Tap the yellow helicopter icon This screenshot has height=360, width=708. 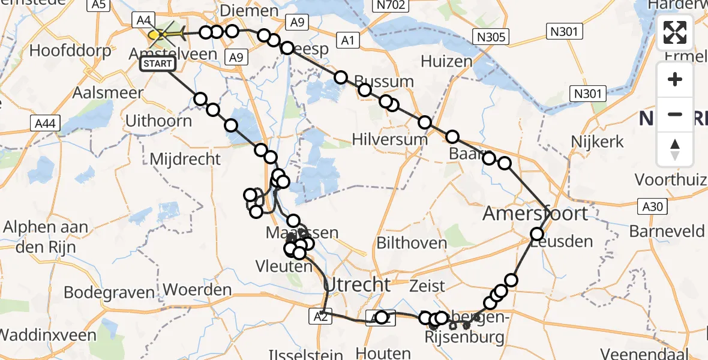[x=165, y=34]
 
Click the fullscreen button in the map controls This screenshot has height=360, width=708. [x=675, y=33]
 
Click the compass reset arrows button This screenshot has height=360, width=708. [x=675, y=149]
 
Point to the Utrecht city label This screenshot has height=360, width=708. [x=357, y=284]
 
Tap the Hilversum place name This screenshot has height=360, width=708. [x=391, y=140]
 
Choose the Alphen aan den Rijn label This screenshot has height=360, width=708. [x=46, y=236]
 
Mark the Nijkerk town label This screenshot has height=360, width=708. [x=598, y=142]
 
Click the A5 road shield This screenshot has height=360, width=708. [x=99, y=5]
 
